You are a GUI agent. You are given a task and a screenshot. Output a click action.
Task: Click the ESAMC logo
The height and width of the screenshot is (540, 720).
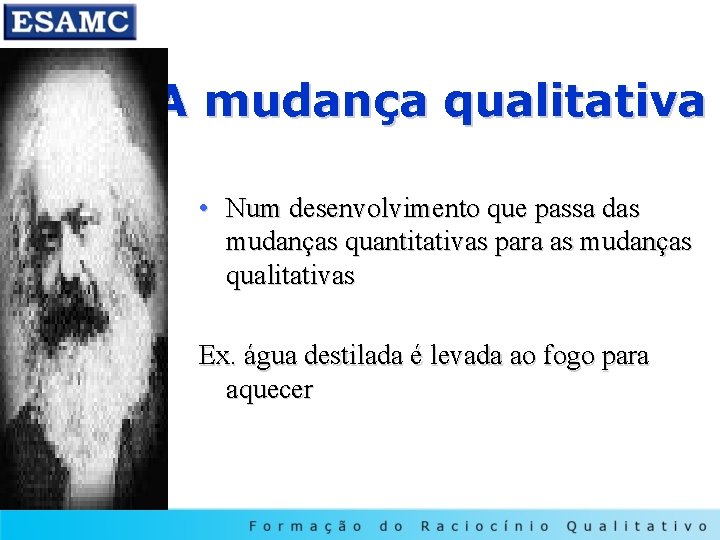pyautogui.click(x=68, y=21)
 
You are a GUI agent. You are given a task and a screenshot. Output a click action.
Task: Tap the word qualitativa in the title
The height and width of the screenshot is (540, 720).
pyautogui.click(x=574, y=102)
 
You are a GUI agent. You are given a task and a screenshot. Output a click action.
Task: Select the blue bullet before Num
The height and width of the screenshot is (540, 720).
pyautogui.click(x=203, y=208)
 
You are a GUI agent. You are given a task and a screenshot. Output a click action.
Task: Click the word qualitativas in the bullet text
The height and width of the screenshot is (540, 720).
pyautogui.click(x=290, y=276)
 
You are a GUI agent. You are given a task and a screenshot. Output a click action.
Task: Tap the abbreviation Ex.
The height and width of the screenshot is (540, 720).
pyautogui.click(x=216, y=356)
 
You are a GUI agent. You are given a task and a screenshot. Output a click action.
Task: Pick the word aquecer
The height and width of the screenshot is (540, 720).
pyautogui.click(x=269, y=390)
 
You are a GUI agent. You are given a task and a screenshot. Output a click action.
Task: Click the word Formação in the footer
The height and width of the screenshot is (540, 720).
pyautogui.click(x=304, y=525)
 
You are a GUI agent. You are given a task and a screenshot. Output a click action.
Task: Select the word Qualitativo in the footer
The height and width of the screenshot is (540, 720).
pyautogui.click(x=636, y=525)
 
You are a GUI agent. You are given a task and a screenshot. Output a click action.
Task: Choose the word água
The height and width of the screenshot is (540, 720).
pyautogui.click(x=267, y=356)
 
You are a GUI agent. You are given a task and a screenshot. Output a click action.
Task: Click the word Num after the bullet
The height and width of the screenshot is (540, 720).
pyautogui.click(x=253, y=209)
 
